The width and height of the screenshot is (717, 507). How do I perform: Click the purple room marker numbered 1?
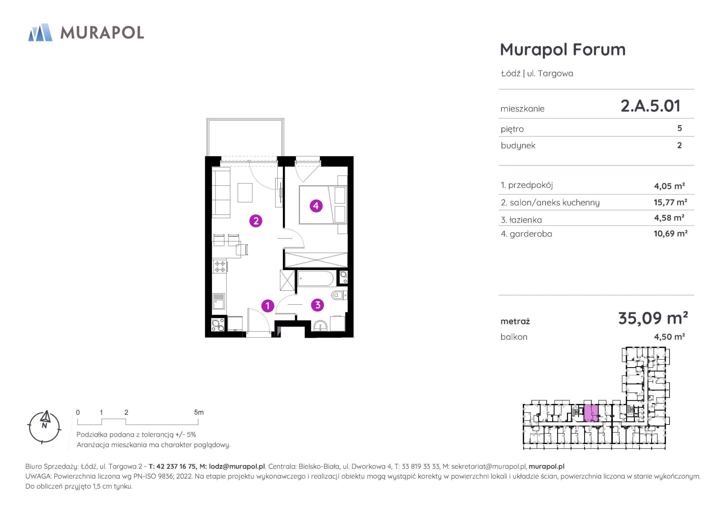[267, 305]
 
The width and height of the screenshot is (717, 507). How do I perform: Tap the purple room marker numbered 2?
[256, 221]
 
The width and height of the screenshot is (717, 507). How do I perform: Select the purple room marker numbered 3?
[317, 305]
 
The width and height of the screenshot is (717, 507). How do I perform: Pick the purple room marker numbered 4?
[316, 206]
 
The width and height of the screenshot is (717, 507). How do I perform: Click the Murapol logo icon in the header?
[40, 32]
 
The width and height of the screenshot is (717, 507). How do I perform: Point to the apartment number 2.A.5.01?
[650, 106]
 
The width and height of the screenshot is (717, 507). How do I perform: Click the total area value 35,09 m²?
[653, 318]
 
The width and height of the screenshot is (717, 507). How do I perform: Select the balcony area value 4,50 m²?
[669, 337]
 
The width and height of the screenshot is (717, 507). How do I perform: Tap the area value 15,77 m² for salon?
[670, 202]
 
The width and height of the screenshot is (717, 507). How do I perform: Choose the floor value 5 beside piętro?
[679, 128]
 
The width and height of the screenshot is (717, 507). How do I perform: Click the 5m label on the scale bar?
[199, 412]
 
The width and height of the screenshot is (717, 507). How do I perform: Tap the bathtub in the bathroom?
[315, 279]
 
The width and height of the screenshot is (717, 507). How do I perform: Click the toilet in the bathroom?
[339, 295]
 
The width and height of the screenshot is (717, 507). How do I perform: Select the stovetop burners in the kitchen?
[220, 266]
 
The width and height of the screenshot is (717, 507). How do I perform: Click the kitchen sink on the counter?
[219, 301]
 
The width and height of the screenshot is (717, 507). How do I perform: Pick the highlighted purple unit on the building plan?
[591, 413]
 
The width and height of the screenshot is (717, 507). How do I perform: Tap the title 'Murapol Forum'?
[563, 49]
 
